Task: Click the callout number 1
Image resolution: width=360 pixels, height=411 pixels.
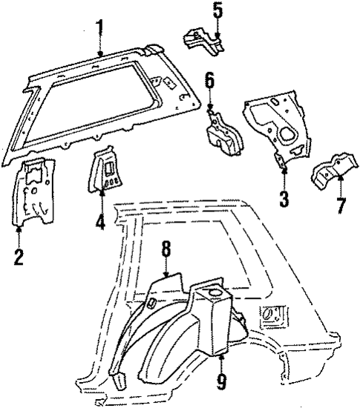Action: click(101, 29)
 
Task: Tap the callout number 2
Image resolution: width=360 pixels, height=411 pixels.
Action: click(19, 257)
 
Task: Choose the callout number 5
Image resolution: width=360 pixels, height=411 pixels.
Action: click(217, 10)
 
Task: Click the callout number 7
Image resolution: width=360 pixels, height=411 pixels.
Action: click(341, 205)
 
